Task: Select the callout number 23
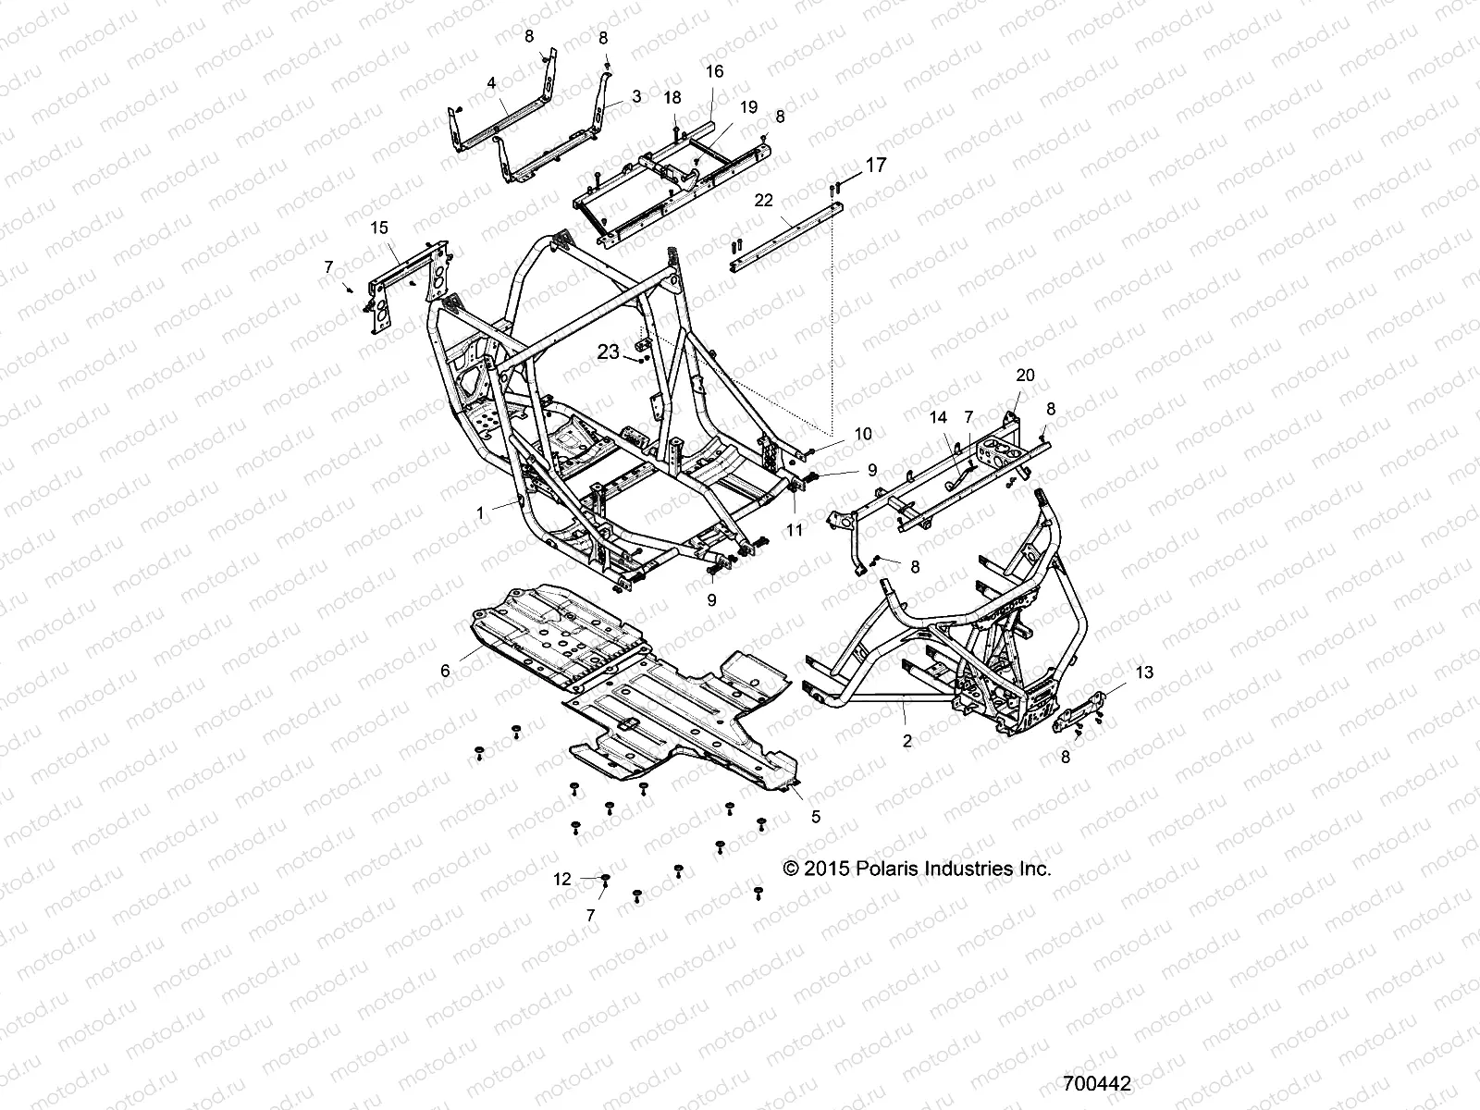tap(608, 351)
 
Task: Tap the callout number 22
tap(763, 201)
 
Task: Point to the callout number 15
tap(379, 228)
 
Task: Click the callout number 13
tap(1144, 672)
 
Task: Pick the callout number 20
tap(1025, 376)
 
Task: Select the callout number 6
tap(445, 671)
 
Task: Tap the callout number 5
tap(816, 817)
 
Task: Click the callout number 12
tap(562, 880)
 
